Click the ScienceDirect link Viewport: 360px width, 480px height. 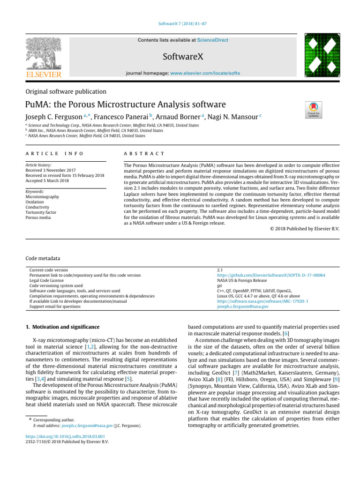point(213,40)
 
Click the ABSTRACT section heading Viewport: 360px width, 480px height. point(143,154)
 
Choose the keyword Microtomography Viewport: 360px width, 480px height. point(43,197)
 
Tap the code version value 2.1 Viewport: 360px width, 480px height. point(220,270)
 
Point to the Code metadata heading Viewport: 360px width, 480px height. point(43,258)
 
